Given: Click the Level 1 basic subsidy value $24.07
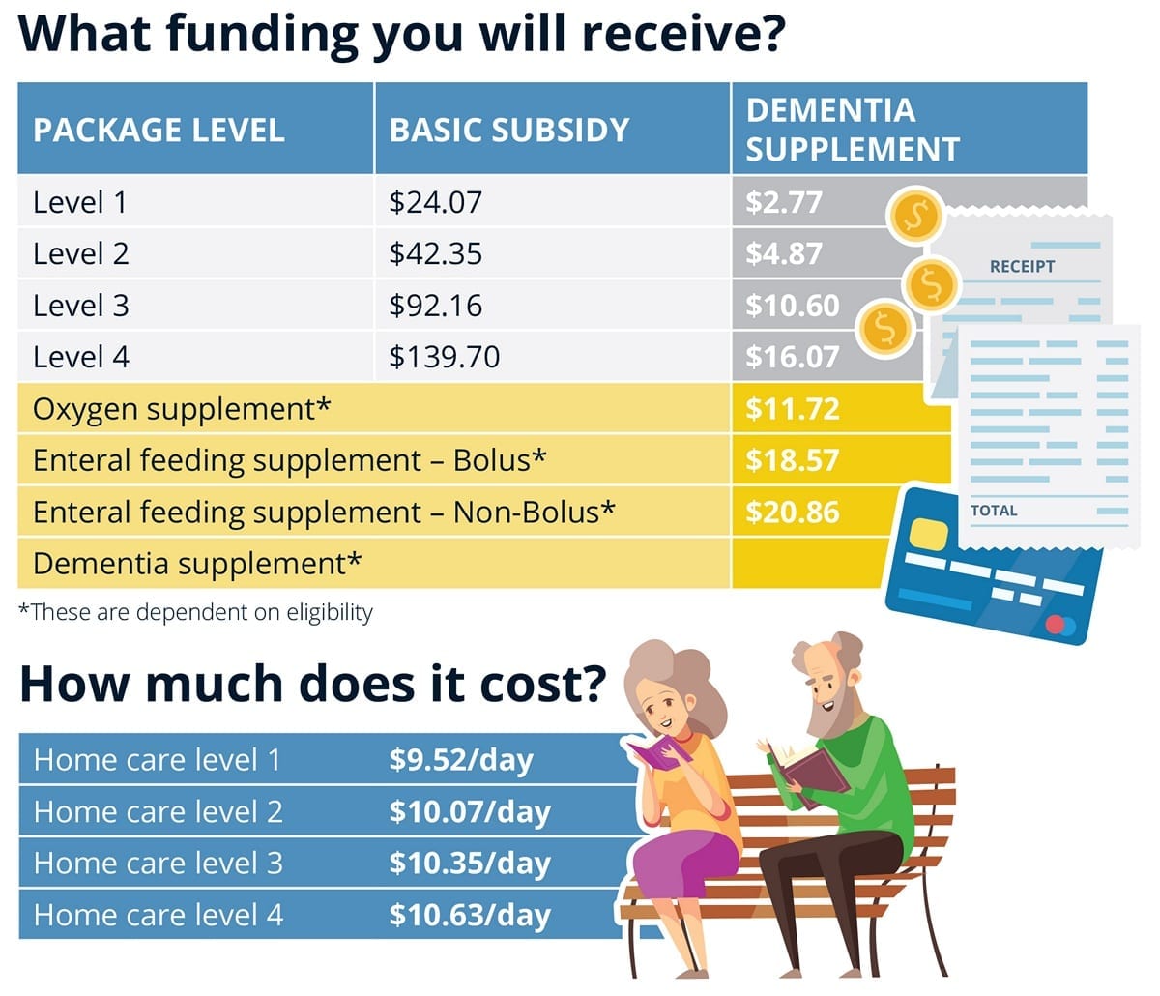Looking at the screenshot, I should pos(435,202).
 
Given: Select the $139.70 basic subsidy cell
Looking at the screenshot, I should pos(445,357).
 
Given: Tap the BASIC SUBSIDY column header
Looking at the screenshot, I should pos(509,130).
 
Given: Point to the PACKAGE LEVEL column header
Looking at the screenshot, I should pos(159,130).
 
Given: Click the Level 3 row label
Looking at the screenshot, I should pos(80,306).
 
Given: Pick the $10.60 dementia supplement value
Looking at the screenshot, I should pos(792,306).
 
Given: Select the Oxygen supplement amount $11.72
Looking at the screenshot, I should pos(792,409).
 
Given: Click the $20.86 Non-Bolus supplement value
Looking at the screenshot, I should pos(792,513).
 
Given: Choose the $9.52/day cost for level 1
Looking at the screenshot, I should pos(460,760).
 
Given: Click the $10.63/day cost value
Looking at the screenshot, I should pos(469,915).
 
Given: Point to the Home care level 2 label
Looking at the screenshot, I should pos(159,811).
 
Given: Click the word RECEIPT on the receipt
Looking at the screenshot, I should pos(1022,266).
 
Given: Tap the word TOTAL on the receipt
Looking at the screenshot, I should pos(994,511).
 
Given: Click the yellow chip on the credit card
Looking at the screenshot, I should pos(929,533).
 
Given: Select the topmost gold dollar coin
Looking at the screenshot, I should pos(914,214).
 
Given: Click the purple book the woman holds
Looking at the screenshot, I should pos(656,753).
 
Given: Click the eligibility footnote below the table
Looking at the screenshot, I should pos(196,612).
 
